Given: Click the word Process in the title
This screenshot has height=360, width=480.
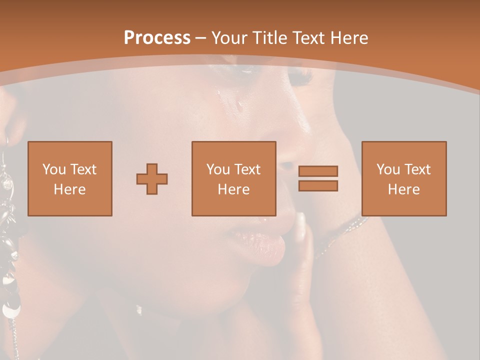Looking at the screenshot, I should coord(157,38).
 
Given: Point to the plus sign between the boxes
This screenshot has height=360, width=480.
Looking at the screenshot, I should coord(152,178).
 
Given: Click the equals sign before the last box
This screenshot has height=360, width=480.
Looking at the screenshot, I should coord(318,178).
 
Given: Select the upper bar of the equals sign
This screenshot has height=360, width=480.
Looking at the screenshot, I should coord(318,171).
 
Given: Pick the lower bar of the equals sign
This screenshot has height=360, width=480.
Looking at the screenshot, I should coord(318,186).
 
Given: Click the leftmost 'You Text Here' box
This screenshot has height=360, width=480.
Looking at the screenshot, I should coord(70,178).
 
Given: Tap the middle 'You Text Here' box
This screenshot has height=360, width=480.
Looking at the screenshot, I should coord(233,178).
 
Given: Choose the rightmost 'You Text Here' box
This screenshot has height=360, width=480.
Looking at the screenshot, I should coord(403,178).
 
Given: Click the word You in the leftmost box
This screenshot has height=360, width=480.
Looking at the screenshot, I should coord(53,169).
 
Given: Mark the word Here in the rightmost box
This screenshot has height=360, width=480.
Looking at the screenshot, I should coord(403,189).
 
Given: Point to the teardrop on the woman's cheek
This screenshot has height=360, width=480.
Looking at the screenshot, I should coord(240,105).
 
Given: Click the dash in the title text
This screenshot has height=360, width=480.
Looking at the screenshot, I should coord(201,38).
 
